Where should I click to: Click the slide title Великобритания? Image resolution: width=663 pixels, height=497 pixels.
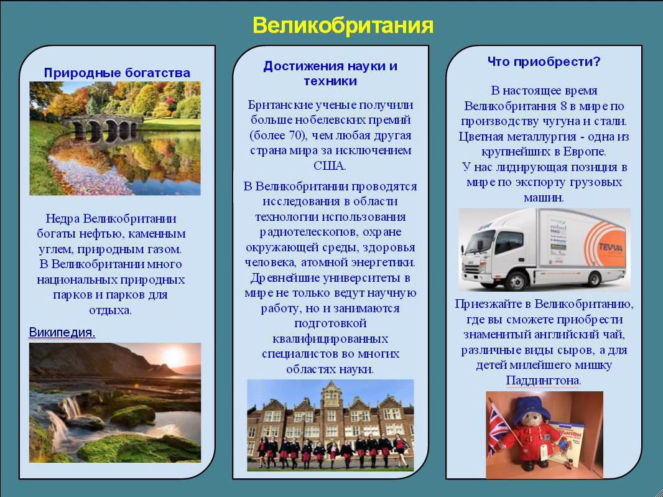click(343, 26)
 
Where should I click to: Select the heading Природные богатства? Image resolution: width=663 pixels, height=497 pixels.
click(117, 73)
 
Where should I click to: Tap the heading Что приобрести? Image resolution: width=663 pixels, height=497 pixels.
click(544, 62)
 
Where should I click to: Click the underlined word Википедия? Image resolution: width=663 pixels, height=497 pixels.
click(62, 333)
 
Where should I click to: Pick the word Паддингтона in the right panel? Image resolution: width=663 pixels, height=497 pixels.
click(544, 380)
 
